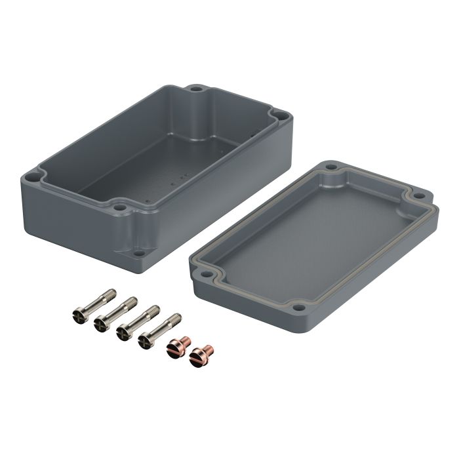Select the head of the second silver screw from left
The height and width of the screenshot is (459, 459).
[x=100, y=323]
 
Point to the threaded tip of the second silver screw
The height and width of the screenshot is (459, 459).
[x=133, y=300]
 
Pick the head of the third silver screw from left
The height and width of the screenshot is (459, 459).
[x=122, y=332]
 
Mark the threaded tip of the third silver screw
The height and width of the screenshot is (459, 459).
[x=155, y=308]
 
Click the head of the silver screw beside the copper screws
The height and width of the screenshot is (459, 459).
[x=144, y=340]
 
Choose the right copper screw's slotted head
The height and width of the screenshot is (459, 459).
[x=196, y=357]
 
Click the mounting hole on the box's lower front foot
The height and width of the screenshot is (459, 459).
[x=138, y=250]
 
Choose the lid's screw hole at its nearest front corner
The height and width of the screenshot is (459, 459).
[x=299, y=306]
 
